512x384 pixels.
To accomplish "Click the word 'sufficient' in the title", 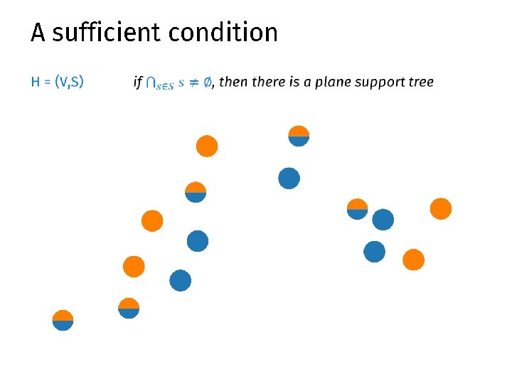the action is [104, 33].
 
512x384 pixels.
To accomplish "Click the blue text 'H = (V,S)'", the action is [57, 82].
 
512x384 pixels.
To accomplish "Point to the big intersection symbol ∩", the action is [151, 82].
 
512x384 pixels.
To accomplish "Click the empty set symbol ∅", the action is [207, 82].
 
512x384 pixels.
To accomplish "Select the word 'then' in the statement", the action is [234, 82].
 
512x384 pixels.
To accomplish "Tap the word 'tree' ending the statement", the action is [421, 82].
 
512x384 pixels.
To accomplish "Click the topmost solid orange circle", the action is [207, 146].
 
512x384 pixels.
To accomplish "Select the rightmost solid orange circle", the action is [441, 208].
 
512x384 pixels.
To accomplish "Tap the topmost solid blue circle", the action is [289, 178].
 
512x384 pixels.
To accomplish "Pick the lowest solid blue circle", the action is [181, 281].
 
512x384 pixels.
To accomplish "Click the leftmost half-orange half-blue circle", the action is [63, 321].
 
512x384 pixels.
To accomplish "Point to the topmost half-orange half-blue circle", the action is [299, 136].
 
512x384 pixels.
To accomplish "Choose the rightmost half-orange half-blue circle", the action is [357, 209].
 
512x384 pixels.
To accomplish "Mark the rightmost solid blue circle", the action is [383, 220].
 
